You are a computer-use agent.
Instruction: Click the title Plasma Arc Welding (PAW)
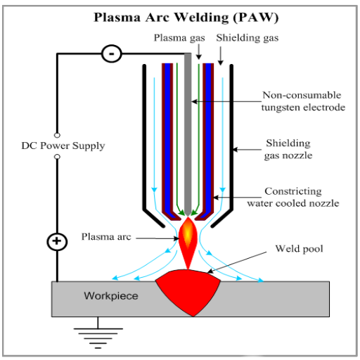tap(186, 18)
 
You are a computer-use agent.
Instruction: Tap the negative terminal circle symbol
tap(112, 53)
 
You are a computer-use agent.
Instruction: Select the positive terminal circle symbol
tap(57, 242)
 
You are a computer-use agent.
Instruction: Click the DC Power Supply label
tap(63, 146)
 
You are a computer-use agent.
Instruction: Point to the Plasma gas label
tap(179, 38)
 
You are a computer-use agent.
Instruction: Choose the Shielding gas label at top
tap(247, 38)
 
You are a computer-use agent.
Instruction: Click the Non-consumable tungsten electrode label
tap(303, 101)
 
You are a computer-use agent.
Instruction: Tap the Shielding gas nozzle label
tap(288, 149)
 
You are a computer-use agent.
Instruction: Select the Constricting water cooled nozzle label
tap(293, 198)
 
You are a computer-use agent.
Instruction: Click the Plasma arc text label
tap(106, 237)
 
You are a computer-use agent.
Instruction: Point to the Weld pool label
tap(299, 249)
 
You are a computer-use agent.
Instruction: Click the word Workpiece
tap(111, 296)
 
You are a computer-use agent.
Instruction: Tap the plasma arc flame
tap(188, 241)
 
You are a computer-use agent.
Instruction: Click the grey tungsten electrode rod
tap(188, 134)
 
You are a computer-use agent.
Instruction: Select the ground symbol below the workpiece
tap(98, 333)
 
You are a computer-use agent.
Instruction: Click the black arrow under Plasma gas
tap(199, 52)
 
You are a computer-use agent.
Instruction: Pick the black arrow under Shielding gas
tap(220, 56)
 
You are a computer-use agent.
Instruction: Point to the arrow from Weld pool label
tap(237, 262)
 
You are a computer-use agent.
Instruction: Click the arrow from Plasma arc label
tap(157, 238)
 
